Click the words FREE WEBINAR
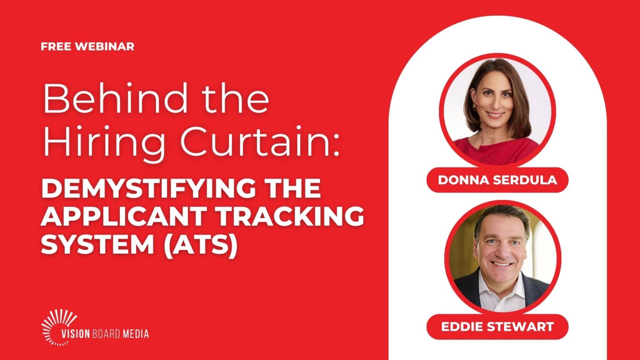(87, 47)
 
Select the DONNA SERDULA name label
(497, 180)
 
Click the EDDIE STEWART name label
(497, 327)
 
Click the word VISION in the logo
(76, 334)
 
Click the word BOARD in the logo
(106, 334)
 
